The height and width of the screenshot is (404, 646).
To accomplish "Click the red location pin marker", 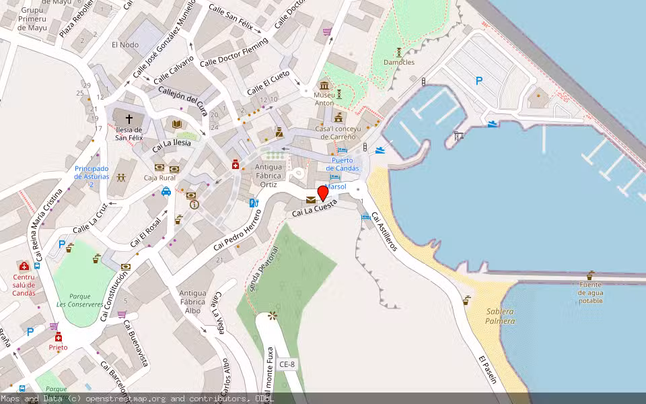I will pos(323,193).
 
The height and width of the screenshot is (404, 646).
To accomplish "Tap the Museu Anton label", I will pos(324,99).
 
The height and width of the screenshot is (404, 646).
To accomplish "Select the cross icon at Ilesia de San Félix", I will pos(129,119).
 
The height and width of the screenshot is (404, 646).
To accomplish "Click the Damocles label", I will pos(399,62).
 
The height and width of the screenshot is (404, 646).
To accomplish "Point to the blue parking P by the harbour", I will pos(479,81).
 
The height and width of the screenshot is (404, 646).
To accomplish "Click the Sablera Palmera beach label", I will pos(501,316).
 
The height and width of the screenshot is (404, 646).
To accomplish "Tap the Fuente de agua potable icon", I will pos(590,275).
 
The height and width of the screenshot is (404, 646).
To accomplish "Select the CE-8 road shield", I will pos(287,364).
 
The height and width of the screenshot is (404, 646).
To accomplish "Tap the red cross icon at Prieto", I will pos(59,337).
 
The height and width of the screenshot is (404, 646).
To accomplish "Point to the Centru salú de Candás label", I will pos(24,285).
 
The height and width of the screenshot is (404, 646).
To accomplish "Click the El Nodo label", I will pos(125,44).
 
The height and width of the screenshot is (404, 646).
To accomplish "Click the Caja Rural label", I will pos(159,178).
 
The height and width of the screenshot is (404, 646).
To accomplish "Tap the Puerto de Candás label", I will pos(343,164).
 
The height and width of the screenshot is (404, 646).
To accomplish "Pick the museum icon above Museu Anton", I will pos(324,86).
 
